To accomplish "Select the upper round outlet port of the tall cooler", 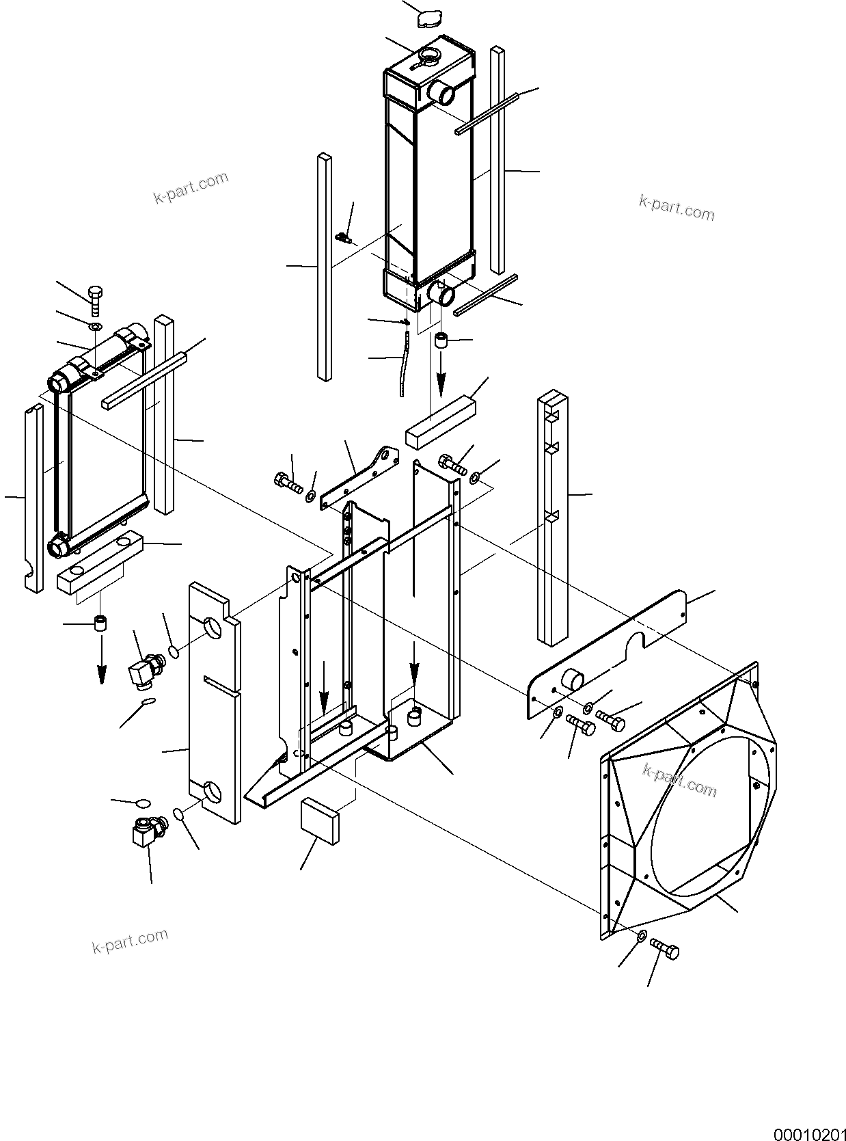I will [x=441, y=92].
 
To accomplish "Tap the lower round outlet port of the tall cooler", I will [x=441, y=295].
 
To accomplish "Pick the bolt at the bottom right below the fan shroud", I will [x=665, y=948].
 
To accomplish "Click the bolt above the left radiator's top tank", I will [x=95, y=300].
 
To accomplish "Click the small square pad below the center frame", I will [x=320, y=820].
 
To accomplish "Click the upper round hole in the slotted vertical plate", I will [x=214, y=627].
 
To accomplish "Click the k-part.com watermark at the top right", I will [x=677, y=207].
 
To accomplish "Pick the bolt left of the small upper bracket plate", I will [x=288, y=483].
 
